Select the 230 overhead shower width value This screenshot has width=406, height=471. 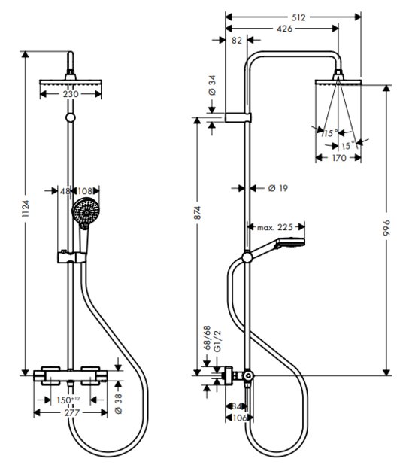(x=71, y=94)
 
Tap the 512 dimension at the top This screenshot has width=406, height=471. (x=298, y=17)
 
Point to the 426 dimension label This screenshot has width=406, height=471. (x=284, y=29)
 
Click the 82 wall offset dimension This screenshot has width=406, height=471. (x=237, y=40)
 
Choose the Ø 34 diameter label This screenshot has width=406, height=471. (x=212, y=85)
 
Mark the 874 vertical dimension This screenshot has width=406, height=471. (x=197, y=213)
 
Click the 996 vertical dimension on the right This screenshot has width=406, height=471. (x=386, y=228)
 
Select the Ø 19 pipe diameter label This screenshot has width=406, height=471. (x=278, y=188)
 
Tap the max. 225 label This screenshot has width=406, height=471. (x=275, y=227)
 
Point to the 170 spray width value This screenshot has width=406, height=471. (x=339, y=158)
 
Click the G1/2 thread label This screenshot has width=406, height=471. (x=217, y=341)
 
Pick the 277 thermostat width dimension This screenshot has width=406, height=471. (x=72, y=412)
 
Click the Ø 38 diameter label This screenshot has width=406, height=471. (x=119, y=404)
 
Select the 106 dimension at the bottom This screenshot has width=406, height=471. (x=239, y=418)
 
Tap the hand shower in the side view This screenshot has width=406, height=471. (x=277, y=247)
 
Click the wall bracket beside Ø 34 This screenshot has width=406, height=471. (x=238, y=117)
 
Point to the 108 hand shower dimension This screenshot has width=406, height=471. (x=85, y=191)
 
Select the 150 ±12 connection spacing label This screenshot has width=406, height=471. (x=68, y=400)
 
